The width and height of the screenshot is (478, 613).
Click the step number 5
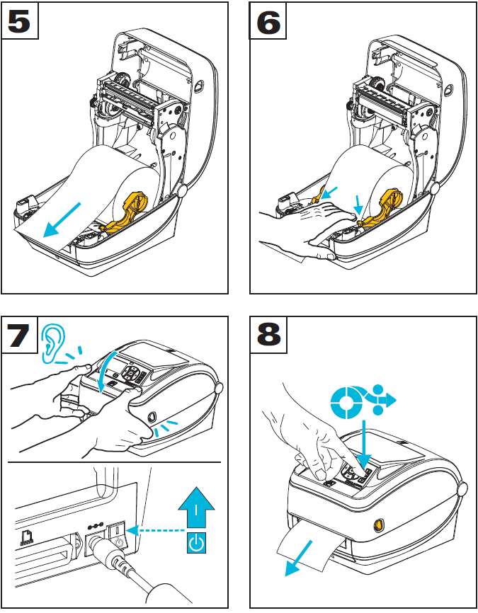tap(20, 21)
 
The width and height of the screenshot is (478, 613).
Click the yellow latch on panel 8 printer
tap(376, 525)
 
